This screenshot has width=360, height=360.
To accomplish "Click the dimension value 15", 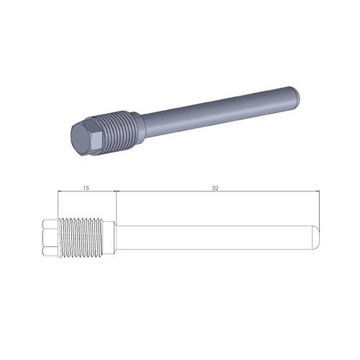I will point(86,188).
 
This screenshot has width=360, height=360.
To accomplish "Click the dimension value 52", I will point(215,188).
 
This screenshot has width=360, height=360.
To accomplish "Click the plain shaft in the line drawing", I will point(216,238).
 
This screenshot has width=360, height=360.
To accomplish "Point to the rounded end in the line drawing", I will point(315,238).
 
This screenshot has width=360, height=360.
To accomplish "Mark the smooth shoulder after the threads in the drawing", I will point(110,238).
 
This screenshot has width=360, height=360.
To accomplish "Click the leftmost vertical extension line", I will point(58,205).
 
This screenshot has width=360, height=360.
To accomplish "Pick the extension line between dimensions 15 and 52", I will point(116,205).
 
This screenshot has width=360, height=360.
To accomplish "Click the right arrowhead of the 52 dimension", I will point(315,192).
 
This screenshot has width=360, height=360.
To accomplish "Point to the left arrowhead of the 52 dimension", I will point(119,192).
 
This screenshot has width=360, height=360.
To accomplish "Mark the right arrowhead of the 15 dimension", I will point(113,192).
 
